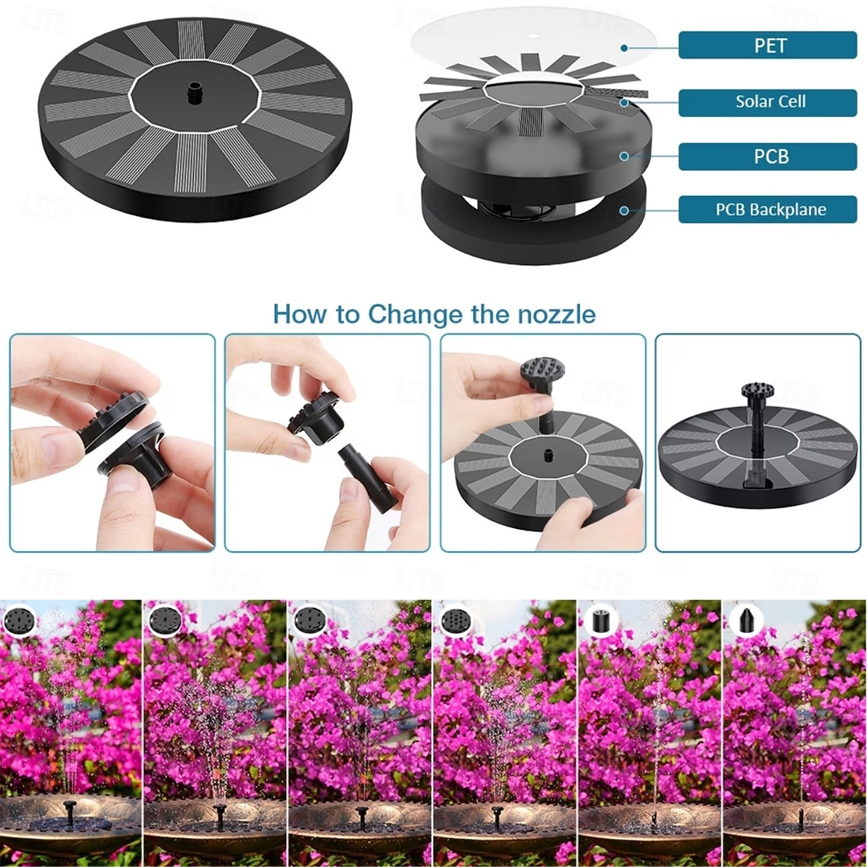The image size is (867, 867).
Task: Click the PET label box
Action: point(768,45)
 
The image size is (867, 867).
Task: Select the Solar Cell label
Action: point(768,103)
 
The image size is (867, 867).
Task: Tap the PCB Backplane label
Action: point(768,209)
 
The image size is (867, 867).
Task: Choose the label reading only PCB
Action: point(768,157)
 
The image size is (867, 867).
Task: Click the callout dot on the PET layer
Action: point(624,48)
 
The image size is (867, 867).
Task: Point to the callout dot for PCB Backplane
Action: point(624,210)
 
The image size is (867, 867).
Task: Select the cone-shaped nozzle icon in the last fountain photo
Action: point(746,621)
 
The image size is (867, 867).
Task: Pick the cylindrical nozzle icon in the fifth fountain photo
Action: point(601,622)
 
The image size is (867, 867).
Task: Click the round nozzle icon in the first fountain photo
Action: point(19,622)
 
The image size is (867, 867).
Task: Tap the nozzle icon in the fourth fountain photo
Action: point(456,622)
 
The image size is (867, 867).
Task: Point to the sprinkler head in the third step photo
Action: point(542,373)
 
